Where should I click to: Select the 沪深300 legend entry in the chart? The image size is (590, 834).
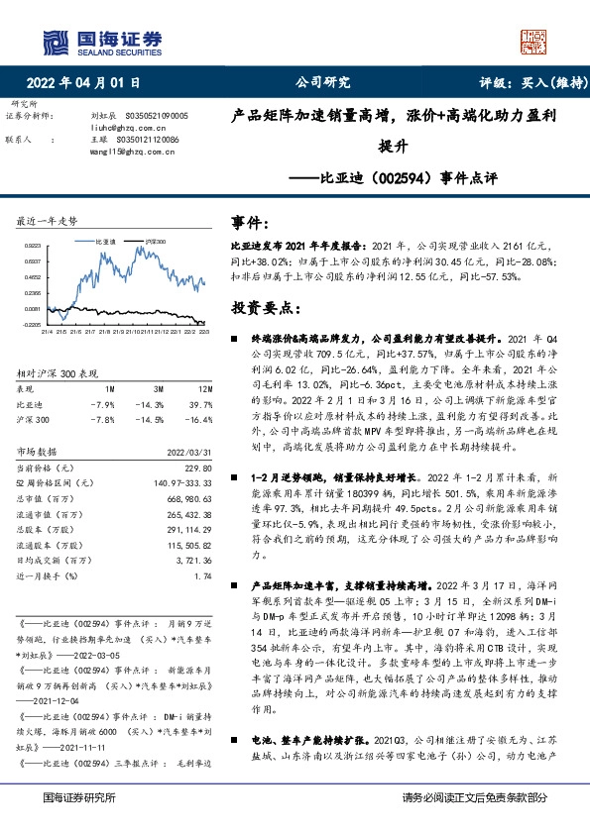154,240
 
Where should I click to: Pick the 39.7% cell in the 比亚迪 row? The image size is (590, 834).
199,404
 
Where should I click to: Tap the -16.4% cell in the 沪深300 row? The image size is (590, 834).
198,419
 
